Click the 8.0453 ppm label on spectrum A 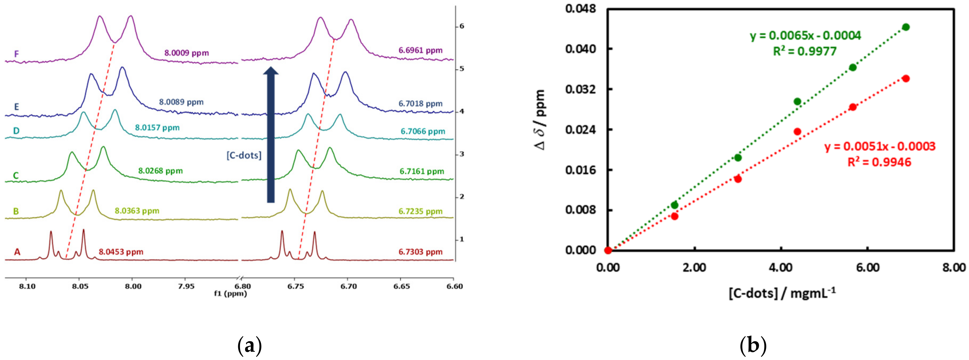[121, 252]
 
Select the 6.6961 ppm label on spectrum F [421, 50]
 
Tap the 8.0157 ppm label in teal [157, 127]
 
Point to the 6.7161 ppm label [422, 171]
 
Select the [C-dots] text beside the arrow [244, 155]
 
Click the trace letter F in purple [17, 54]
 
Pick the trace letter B [16, 211]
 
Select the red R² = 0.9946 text [879, 162]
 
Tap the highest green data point [906, 27]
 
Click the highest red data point [906, 78]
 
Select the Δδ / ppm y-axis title [540, 120]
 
